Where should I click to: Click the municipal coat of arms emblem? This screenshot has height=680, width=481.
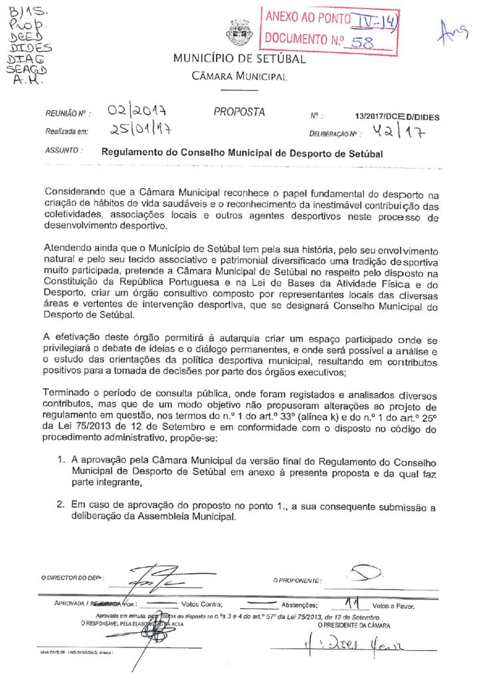(237, 32)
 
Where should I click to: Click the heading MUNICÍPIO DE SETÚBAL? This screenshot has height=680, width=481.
(239, 58)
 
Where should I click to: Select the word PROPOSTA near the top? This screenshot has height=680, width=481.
(239, 112)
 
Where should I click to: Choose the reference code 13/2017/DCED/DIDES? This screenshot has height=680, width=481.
(397, 117)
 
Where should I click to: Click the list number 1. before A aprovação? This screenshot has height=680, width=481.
(61, 460)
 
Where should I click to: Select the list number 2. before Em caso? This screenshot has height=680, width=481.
(61, 506)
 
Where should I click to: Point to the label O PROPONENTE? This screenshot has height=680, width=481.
(297, 580)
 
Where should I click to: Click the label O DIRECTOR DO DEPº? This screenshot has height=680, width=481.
(71, 578)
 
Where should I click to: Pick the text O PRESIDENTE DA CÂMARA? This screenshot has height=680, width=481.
(353, 626)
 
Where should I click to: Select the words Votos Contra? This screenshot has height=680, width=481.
(201, 605)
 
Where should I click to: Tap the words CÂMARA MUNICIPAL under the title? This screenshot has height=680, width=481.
(239, 76)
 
